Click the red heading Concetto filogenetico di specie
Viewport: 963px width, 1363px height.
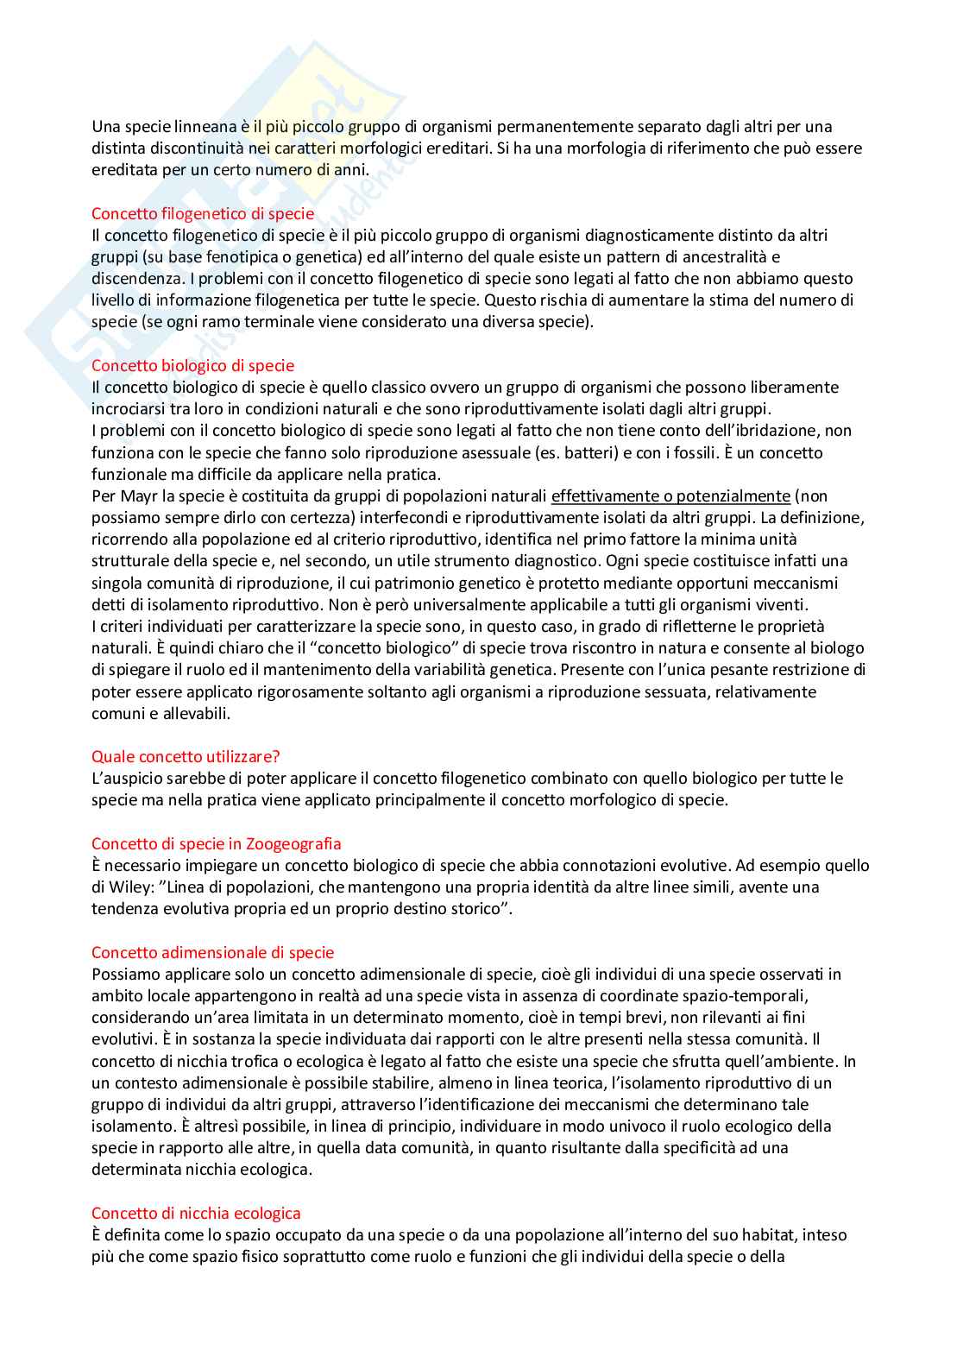203,213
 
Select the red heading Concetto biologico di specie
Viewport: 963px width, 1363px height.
192,365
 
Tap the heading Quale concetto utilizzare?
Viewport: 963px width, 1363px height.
186,756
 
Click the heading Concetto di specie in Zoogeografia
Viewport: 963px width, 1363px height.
216,843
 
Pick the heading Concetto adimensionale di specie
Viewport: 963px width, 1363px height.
212,952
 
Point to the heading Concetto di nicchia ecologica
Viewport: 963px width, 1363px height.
196,1213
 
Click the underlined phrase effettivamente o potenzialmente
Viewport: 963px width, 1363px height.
670,495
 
